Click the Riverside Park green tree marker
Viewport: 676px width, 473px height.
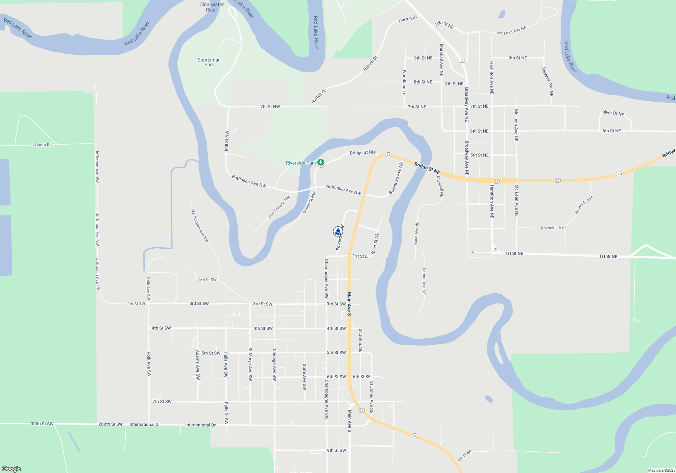321,163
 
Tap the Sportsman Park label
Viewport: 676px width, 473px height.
209,62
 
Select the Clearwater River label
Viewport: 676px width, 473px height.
212,7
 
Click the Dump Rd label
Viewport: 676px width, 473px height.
43,145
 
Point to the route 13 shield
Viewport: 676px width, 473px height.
461,61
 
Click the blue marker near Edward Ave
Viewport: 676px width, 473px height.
338,231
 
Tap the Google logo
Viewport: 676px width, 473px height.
11,469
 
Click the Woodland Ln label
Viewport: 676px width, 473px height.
404,82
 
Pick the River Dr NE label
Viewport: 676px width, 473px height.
613,113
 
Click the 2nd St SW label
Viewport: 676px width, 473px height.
207,280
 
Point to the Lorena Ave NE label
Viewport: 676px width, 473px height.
424,281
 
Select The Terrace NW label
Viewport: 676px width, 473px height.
279,207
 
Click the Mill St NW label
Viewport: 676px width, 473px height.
226,141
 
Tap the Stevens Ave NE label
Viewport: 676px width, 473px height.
547,81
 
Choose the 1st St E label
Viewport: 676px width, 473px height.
360,256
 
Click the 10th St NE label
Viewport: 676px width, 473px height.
444,25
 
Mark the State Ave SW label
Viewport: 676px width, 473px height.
305,377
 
